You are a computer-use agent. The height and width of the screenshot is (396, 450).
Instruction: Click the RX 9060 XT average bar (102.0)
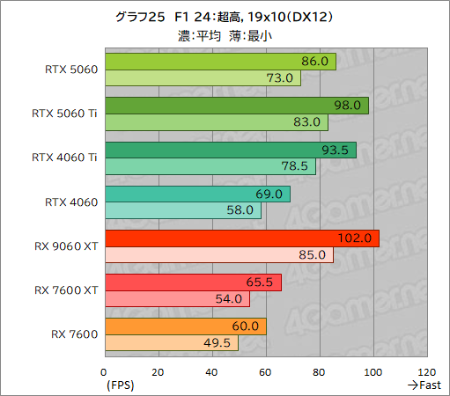[241, 238]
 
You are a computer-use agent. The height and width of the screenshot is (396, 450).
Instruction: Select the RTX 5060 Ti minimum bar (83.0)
[216, 122]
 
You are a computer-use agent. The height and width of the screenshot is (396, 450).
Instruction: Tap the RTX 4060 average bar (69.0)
[197, 194]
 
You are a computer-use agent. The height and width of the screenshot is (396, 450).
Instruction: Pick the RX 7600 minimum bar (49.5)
[171, 342]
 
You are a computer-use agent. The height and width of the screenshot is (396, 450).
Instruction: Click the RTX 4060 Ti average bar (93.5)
[230, 150]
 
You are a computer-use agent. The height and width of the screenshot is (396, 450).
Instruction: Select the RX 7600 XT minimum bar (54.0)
[177, 298]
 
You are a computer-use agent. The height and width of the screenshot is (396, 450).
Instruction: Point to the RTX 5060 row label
[71, 70]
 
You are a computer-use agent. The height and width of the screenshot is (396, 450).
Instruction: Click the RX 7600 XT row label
[66, 290]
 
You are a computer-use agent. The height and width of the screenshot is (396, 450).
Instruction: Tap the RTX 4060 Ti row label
[64, 158]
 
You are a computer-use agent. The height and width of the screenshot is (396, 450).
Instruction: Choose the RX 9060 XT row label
[66, 246]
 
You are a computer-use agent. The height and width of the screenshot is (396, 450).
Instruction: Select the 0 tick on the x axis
[105, 371]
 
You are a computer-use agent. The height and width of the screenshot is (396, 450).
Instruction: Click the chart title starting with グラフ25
[225, 16]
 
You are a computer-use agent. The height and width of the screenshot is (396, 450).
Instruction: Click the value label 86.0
[314, 62]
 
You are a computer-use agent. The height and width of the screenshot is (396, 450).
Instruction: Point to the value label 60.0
[245, 326]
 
